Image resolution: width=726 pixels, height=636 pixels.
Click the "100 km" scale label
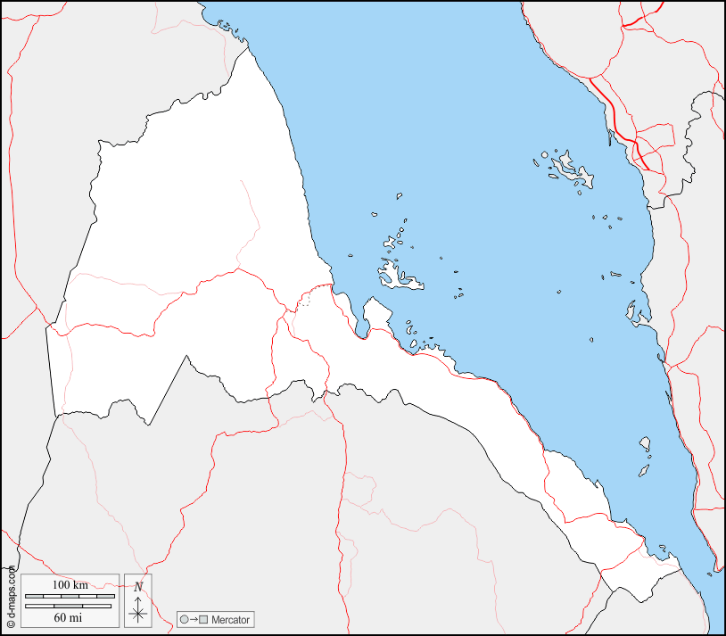pos(69,584)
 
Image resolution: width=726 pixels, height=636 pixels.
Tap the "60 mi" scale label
pos(69,616)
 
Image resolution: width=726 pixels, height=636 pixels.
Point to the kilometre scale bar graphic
pos(69,595)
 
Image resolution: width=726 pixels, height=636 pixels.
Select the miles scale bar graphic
pos(69,606)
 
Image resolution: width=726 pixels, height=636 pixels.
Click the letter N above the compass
pos(137,586)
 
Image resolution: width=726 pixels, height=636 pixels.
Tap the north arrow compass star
pos(137,612)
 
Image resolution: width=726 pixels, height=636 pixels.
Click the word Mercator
pos(230,619)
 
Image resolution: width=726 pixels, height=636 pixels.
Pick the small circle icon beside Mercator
pos(184,619)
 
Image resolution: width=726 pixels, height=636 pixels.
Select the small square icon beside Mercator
pos(203,619)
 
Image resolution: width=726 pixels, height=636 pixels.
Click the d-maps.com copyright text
pos(11,598)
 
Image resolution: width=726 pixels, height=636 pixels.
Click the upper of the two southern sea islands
pos(645,443)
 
